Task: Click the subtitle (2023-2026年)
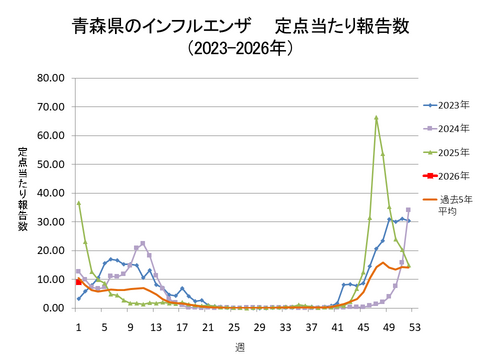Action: (240, 46)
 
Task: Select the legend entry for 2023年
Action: (448, 103)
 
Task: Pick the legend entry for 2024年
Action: (448, 128)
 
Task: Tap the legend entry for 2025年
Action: (448, 152)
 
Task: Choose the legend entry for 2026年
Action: (448, 176)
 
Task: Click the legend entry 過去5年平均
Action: (450, 205)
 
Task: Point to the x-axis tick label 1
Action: (78, 326)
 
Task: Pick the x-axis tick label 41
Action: (337, 326)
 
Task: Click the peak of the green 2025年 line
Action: (376, 118)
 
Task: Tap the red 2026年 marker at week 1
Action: (78, 282)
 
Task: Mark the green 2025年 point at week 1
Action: (78, 203)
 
